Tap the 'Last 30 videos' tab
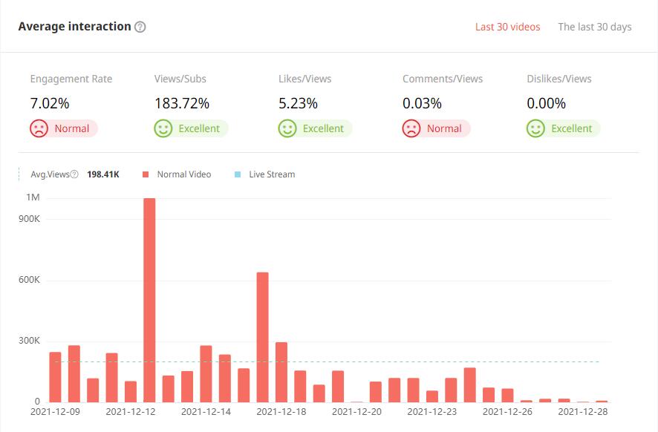507,27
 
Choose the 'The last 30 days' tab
594,27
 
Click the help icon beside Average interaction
140,27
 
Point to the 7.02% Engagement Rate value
50,103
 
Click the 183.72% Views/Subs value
182,103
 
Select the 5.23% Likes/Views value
298,103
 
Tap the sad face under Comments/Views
411,128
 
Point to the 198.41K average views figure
103,174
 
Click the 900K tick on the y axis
30,219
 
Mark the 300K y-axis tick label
30,341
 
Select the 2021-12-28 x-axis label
582,410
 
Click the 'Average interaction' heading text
74,27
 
